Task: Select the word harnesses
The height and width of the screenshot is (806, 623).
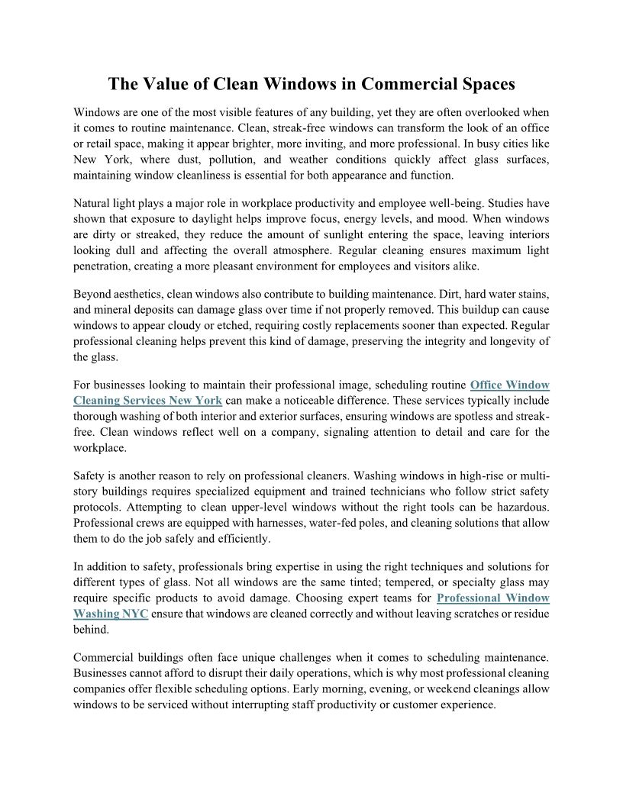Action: point(265,523)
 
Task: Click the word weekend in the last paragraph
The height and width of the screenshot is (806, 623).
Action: point(437,689)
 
